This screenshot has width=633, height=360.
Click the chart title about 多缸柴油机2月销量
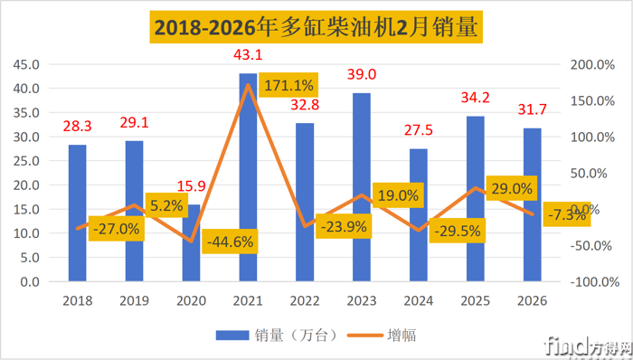tap(316, 27)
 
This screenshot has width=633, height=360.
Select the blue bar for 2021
tap(248, 181)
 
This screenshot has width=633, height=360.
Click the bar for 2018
tap(78, 213)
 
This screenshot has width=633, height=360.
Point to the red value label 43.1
tap(248, 55)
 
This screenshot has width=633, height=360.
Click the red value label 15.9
tap(191, 187)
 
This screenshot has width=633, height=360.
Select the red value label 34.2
tap(476, 99)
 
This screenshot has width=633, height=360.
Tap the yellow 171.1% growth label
tap(288, 86)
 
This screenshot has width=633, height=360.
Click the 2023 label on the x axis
tap(362, 299)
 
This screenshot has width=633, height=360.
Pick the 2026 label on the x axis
tap(533, 299)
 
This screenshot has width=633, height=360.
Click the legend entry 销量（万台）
tap(277, 335)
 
